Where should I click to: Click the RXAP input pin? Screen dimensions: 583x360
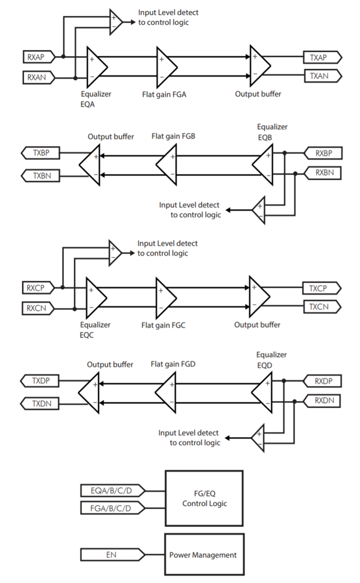click(37, 57)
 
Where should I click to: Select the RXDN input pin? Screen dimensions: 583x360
click(323, 401)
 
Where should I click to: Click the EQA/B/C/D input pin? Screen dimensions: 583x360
click(112, 491)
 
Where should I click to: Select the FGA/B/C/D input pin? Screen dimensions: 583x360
click(112, 508)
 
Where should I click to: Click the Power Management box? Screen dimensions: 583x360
click(203, 554)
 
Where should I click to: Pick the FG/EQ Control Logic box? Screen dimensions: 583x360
click(204, 498)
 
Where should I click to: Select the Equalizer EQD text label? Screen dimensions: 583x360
click(271, 360)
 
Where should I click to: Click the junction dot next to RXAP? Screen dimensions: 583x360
click(63, 57)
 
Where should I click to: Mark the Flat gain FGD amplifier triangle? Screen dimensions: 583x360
click(165, 392)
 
